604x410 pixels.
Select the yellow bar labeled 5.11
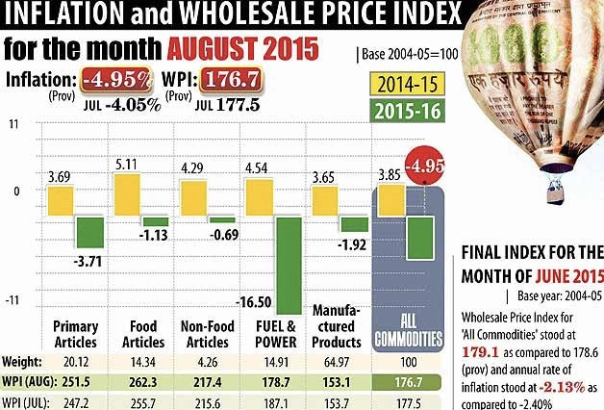click(x=127, y=194)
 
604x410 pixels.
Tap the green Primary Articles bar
click(x=89, y=233)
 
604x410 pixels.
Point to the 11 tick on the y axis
click(x=13, y=125)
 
